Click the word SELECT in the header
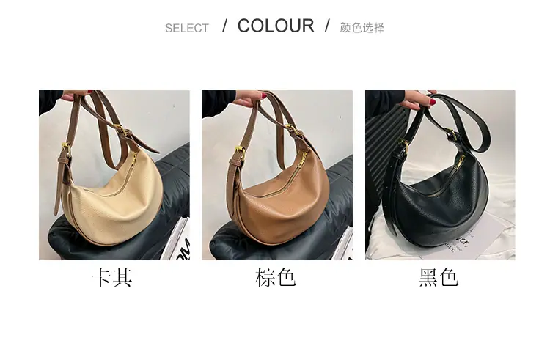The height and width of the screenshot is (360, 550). [x=186, y=28]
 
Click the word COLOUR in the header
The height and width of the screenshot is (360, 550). [x=276, y=26]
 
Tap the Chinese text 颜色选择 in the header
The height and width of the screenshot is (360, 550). [x=362, y=28]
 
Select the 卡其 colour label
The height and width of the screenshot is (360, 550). [x=112, y=278]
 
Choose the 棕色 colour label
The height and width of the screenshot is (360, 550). [x=275, y=278]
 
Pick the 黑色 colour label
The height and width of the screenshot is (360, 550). [x=439, y=278]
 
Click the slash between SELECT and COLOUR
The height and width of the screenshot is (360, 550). [x=225, y=26]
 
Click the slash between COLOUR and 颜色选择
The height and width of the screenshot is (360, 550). [x=327, y=26]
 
